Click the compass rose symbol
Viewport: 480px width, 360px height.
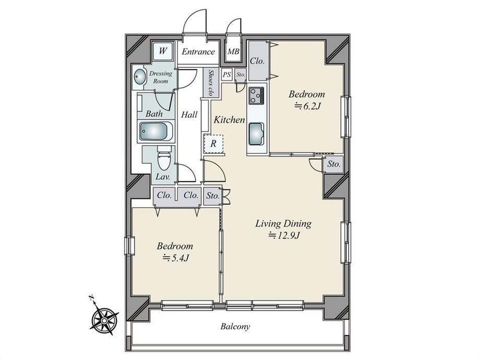[x=104, y=320]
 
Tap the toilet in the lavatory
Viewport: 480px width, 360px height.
[x=164, y=158]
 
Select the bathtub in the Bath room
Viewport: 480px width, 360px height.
[x=156, y=131]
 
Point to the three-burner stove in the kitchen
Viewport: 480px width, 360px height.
[x=256, y=95]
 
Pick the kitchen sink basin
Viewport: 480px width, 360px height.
[x=256, y=134]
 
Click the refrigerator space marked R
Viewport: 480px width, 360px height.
[x=213, y=143]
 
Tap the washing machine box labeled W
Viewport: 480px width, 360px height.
[x=163, y=51]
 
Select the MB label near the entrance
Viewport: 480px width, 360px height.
[x=233, y=52]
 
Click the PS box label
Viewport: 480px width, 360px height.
[x=227, y=75]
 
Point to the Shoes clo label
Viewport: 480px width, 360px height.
[x=211, y=82]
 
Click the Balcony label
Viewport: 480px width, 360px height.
[x=235, y=327]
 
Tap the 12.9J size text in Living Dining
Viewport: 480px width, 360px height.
[x=283, y=235]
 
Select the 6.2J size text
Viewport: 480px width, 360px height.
[x=307, y=106]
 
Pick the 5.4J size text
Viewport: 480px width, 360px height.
[x=175, y=258]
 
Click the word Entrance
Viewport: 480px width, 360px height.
[x=198, y=52]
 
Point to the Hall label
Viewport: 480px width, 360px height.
[x=189, y=115]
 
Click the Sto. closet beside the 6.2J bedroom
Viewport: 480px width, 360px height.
[x=333, y=164]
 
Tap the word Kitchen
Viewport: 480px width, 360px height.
[x=229, y=119]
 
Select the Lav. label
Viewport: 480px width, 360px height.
[x=163, y=177]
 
